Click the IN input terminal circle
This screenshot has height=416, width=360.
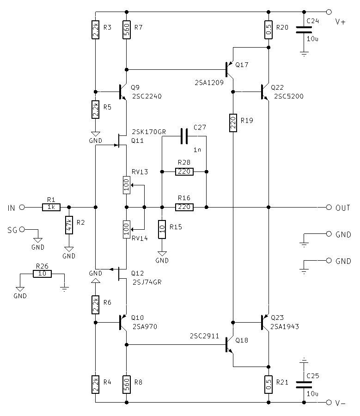[x=22, y=208]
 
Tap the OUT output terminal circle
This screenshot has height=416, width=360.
[x=329, y=207]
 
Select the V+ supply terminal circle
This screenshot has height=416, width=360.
[x=329, y=12]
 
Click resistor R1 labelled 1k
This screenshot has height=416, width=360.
[x=51, y=208]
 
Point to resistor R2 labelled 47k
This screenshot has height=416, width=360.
[x=69, y=225]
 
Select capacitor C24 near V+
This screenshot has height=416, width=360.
[x=304, y=30]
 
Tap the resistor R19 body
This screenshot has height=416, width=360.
[x=233, y=122]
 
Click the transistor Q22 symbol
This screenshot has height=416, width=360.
[x=264, y=92]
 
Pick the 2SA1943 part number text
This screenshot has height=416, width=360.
[x=285, y=326]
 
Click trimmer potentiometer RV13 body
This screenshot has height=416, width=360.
[x=126, y=185]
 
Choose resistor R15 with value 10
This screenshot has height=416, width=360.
[x=162, y=229]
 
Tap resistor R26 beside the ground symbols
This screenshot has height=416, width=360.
[x=43, y=274]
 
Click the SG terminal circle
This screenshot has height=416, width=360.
[x=22, y=229]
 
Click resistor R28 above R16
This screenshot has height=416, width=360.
[x=184, y=172]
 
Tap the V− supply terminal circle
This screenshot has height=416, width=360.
[x=329, y=403]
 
